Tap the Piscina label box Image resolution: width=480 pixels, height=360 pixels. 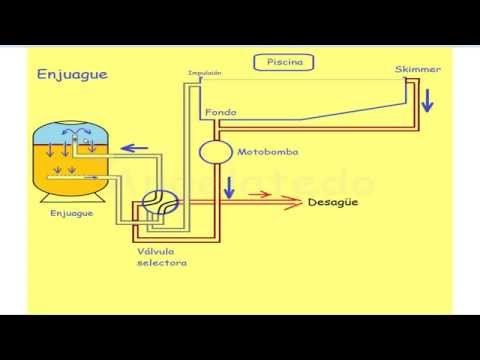[x=285, y=62]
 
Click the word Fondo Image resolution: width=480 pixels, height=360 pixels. [x=220, y=112]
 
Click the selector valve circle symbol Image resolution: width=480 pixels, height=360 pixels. [x=159, y=205]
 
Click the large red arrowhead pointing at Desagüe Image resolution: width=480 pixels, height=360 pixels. [x=293, y=203]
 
